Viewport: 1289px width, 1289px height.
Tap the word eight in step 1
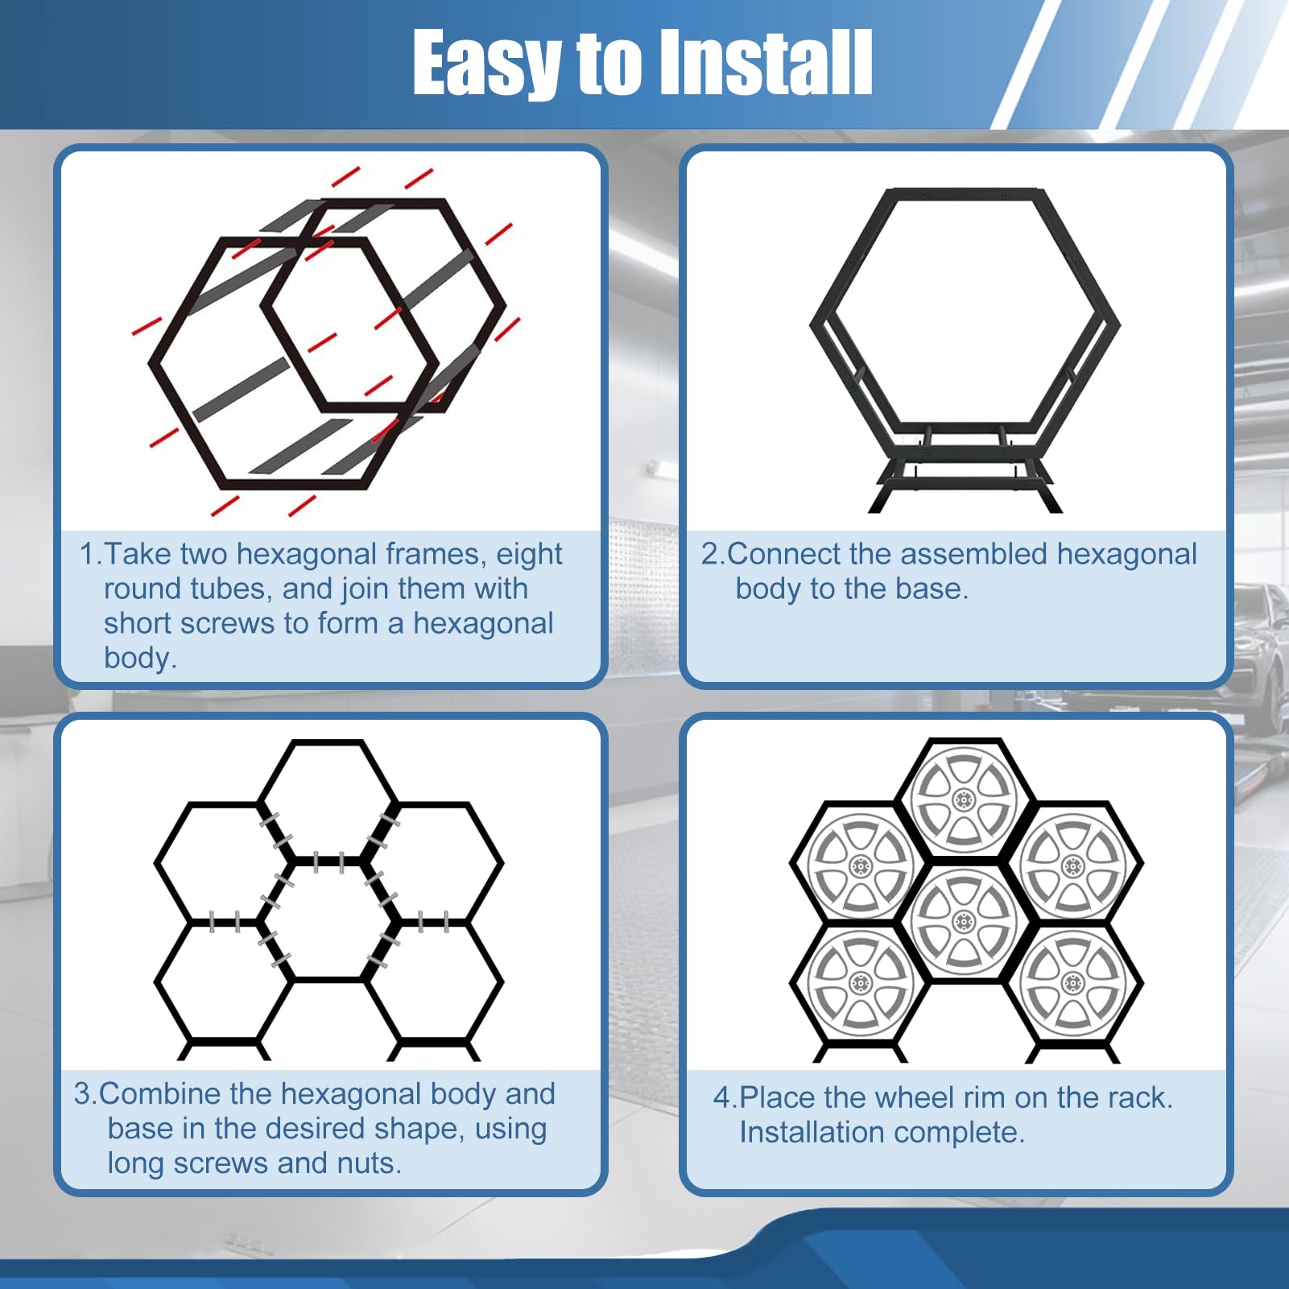(x=528, y=555)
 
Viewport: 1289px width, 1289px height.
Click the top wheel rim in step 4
(x=964, y=798)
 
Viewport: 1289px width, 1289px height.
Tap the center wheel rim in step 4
(x=964, y=919)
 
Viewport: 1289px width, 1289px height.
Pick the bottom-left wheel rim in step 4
(x=860, y=982)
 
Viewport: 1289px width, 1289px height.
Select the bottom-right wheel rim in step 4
(x=1072, y=982)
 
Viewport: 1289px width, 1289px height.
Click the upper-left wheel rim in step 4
(x=860, y=866)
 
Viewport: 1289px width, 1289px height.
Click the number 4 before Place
(x=721, y=1098)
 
